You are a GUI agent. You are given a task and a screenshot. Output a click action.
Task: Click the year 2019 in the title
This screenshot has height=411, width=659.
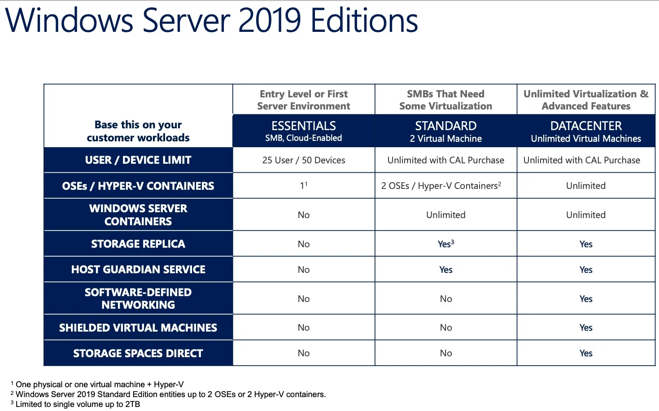270,21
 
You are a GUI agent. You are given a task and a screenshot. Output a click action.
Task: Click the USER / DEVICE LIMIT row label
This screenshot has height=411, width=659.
138,160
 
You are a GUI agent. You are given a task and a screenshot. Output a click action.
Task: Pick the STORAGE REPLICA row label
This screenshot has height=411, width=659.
138,244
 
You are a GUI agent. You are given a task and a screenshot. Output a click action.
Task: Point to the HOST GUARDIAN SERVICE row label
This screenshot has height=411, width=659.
138,270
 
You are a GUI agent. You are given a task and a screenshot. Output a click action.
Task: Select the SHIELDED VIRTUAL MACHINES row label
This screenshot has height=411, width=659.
138,328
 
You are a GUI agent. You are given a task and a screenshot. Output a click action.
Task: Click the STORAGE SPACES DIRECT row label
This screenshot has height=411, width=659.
138,354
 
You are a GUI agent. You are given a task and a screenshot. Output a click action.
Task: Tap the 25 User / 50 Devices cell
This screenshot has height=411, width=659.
304,160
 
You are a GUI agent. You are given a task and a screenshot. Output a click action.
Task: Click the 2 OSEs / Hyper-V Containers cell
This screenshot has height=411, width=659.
441,186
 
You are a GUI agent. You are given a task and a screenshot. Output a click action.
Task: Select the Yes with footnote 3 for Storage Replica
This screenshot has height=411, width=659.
445,244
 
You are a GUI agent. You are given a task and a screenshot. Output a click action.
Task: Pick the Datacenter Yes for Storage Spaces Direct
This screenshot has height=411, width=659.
586,354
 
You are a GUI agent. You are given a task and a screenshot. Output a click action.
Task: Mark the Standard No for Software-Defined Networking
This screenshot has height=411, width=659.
446,299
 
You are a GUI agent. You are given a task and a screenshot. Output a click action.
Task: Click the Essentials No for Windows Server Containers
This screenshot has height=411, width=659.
304,215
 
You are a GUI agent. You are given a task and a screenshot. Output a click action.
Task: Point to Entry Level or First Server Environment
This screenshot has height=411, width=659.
304,100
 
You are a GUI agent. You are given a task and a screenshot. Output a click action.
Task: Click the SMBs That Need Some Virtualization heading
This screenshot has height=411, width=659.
445,100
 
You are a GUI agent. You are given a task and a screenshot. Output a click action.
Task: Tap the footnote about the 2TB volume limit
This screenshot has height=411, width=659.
78,404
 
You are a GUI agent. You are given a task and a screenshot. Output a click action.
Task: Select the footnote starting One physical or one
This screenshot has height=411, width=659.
99,385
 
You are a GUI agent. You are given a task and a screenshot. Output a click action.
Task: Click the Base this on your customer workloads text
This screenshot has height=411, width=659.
138,131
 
